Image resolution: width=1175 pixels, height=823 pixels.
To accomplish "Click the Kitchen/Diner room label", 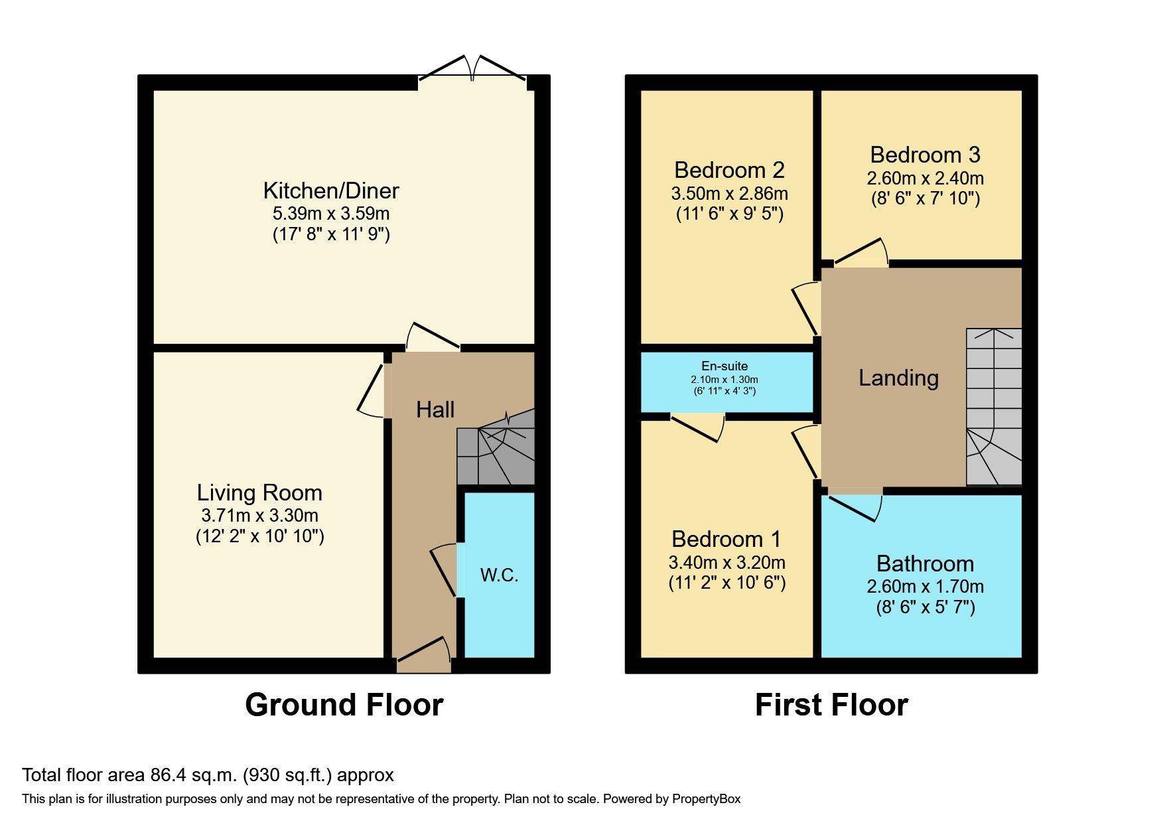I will point(330,191).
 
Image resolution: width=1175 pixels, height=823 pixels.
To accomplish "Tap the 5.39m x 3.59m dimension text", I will point(330,214).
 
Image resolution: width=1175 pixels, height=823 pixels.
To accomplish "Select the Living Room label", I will point(259,493).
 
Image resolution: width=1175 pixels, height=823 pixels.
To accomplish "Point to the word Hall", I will point(435,410).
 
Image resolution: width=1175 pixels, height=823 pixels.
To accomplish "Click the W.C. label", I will point(499,575).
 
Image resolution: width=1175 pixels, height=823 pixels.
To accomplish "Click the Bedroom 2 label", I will point(729,171).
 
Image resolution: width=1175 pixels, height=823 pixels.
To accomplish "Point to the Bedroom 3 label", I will point(925,155).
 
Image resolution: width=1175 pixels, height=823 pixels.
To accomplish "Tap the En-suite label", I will point(725,366).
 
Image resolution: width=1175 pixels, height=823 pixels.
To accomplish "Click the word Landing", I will point(898,378).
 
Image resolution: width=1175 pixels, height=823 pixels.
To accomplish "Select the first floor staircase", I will point(993,406).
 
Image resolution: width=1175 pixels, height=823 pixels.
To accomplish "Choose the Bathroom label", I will point(925,564).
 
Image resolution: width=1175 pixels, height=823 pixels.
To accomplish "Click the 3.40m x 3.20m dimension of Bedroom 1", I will point(726,563).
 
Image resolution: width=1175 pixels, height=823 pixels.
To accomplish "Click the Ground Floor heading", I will point(344,705).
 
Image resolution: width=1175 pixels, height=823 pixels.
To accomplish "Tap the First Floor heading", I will point(831,705).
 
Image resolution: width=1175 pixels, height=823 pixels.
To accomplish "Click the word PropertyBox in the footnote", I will point(706,799).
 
